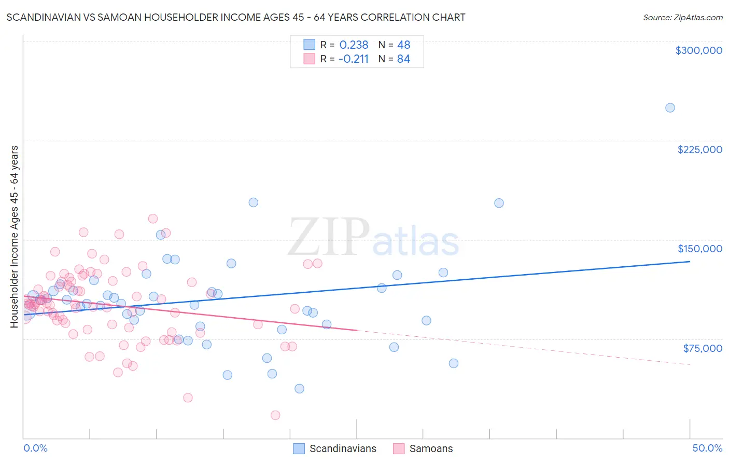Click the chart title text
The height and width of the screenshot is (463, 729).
coord(236,17)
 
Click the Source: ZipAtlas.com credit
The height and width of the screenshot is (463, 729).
coord(682,17)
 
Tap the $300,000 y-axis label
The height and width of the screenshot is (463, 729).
coord(698,50)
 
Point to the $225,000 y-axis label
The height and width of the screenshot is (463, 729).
coord(699,149)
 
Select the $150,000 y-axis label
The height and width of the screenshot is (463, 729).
coord(699,249)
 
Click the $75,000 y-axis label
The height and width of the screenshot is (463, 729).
coord(702,348)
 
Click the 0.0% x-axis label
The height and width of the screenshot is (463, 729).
coord(35,448)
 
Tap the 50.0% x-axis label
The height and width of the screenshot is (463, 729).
coord(707,448)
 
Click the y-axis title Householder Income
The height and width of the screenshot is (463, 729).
coord(15,237)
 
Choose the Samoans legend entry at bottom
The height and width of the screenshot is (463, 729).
coord(430,448)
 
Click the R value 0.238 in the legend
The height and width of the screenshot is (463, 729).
coord(354,45)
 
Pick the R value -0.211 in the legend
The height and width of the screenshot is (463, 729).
coord(353,59)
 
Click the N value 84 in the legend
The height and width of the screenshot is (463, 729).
coord(403,59)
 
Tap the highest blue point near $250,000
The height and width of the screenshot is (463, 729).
coord(670,108)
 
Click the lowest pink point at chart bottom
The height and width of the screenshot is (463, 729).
coord(275,415)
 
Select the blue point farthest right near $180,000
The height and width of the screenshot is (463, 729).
coord(499,203)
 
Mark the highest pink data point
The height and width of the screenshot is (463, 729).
coord(153,219)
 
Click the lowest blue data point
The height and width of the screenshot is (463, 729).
coord(299,389)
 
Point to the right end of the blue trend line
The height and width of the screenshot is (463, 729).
coord(690,262)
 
